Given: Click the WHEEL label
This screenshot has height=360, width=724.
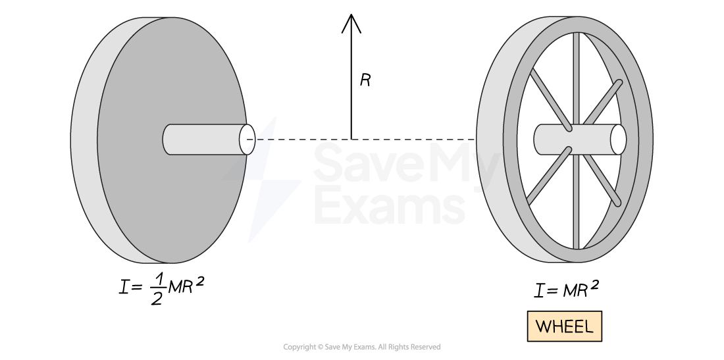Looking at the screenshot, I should [564, 326].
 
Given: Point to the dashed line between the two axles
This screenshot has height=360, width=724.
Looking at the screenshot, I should [369, 140].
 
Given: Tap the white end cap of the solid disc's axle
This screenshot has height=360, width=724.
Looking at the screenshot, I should [247, 140].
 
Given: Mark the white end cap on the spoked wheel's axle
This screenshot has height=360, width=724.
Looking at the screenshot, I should [618, 140].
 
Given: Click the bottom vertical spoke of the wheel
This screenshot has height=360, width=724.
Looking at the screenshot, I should [576, 204].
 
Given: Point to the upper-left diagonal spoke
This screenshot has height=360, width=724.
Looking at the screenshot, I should [550, 99].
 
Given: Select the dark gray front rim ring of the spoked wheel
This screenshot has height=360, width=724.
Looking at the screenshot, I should [644, 140].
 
